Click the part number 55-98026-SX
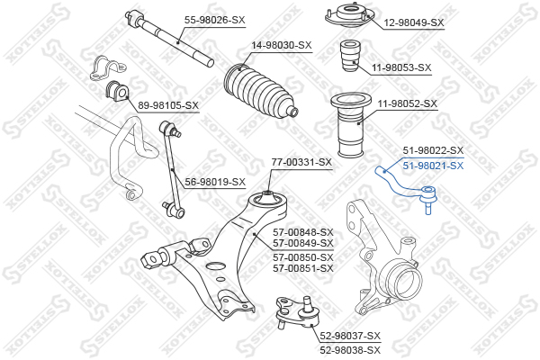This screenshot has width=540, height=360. tap(214, 20)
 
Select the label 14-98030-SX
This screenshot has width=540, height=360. tap(282, 45)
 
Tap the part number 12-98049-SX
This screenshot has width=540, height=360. tap(414, 22)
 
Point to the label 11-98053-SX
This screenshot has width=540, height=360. tap(401, 67)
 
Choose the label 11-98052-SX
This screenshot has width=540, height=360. tap(408, 103)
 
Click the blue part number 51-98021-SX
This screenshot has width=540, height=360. tap(433, 166)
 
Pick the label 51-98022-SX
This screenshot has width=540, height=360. tap(433, 150)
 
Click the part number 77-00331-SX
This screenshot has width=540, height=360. tap(301, 162)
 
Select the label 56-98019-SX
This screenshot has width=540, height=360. tap(215, 182)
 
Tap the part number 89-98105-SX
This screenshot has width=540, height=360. tap(168, 105)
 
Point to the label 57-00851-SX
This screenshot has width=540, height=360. tap(303, 268)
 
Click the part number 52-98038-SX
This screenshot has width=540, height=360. tap(350, 350)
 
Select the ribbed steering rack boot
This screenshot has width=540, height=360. tap(259, 91)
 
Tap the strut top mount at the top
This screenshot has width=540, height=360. tap(349, 15)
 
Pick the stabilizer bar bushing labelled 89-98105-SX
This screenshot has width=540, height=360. tap(117, 90)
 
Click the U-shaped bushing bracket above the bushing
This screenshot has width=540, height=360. tap(108, 67)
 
